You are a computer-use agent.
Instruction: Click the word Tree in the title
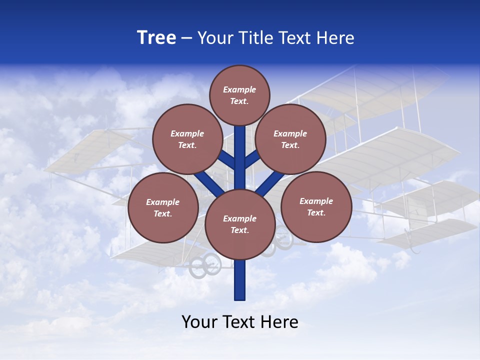[x=156, y=37]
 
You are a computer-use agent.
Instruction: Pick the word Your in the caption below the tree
[x=199, y=322]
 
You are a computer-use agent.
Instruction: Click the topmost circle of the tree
[x=239, y=95]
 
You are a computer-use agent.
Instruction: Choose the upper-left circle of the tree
[x=187, y=139]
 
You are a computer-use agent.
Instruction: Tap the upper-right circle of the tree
[x=290, y=139]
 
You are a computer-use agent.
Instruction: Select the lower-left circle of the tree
[x=163, y=207]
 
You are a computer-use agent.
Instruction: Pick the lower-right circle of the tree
[x=316, y=206]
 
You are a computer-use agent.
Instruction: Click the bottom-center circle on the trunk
[x=240, y=224]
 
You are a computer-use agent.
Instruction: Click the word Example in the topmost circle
[x=239, y=89]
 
